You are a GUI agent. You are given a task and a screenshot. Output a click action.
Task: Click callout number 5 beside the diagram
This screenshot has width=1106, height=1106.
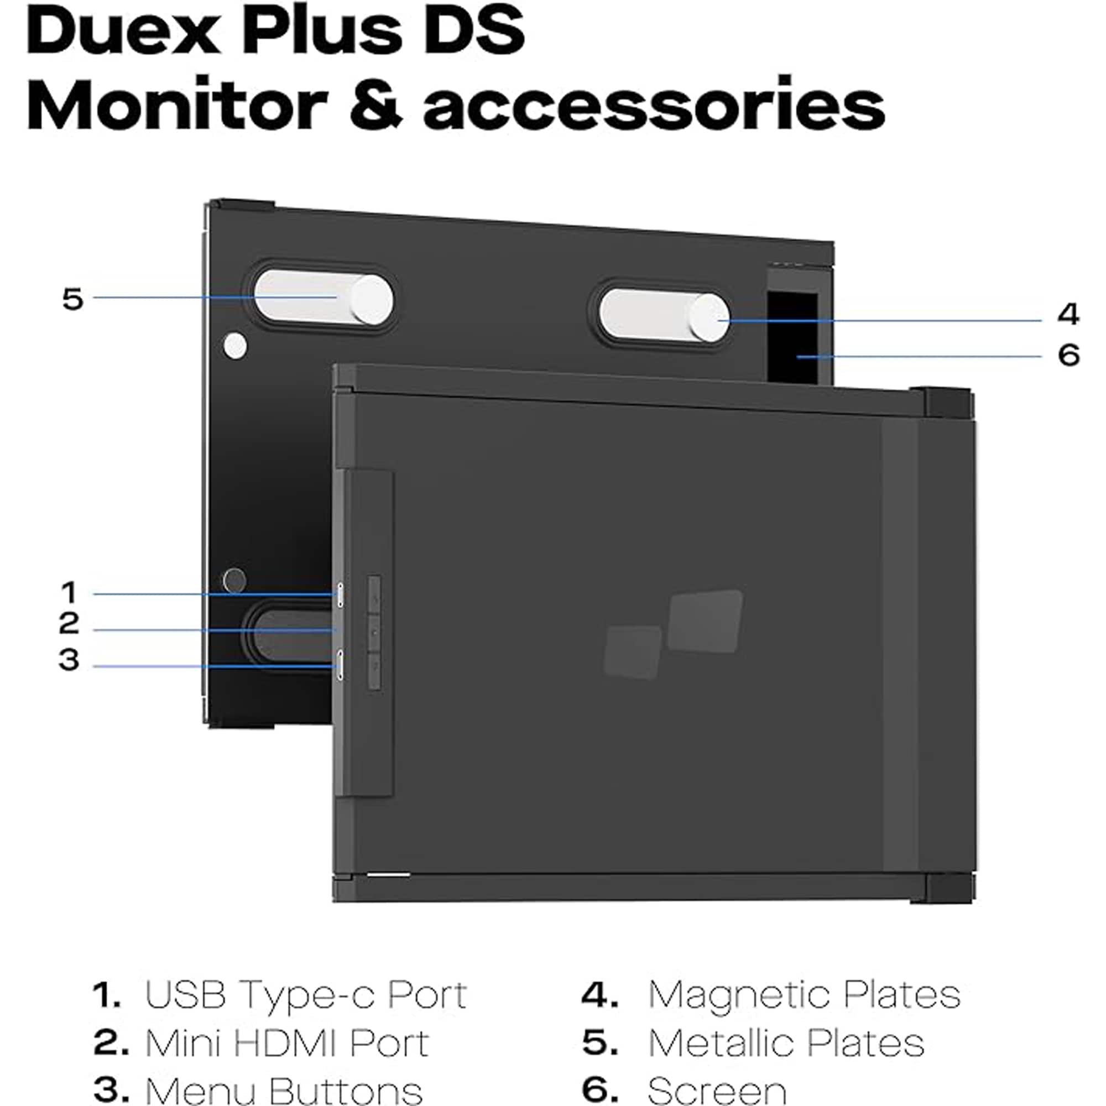point(72,299)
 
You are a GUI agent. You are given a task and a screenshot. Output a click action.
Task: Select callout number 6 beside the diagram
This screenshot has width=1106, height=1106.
point(1069,355)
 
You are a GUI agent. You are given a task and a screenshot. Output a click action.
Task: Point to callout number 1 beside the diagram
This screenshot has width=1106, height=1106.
point(69,592)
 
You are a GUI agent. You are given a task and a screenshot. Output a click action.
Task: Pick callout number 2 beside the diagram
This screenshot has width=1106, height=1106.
point(69,623)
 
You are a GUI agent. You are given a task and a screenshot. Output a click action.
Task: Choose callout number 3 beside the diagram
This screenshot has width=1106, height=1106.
point(69,660)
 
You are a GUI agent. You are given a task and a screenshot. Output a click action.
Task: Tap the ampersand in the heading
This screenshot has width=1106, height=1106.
point(376,107)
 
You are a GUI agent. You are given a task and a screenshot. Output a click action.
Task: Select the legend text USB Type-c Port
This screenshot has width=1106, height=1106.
point(306,994)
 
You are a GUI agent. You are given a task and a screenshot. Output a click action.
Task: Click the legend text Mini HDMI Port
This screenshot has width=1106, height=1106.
point(287,1042)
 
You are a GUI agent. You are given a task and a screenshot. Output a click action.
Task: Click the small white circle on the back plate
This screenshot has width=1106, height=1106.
point(234,346)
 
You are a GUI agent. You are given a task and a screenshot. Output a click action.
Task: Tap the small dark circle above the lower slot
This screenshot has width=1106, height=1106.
point(234,580)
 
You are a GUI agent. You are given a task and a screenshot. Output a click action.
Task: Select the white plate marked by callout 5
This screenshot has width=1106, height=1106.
point(324,299)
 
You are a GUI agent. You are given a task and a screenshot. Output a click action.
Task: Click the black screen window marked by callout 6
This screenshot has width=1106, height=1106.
point(792,337)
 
